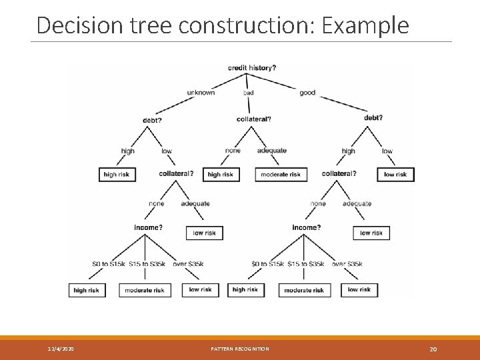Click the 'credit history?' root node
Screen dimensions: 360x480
tap(252, 67)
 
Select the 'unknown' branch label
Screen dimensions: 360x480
tap(201, 93)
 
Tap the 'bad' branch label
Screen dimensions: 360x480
tap(248, 93)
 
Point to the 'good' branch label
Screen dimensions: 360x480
tap(307, 93)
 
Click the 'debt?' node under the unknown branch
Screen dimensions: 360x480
tap(152, 120)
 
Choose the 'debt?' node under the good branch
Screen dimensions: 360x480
tap(373, 118)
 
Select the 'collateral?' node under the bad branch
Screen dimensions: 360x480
tap(254, 119)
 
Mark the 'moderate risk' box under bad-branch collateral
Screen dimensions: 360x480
tap(281, 175)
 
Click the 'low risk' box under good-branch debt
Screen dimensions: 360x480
tap(395, 175)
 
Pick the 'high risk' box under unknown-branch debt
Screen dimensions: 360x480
tap(117, 175)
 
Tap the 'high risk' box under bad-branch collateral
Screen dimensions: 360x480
tap(220, 175)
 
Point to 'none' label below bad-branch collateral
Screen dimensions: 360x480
tap(233, 151)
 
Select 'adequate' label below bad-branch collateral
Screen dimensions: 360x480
tap(271, 151)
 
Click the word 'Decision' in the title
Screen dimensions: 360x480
tap(71, 25)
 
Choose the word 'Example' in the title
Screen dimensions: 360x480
tap(365, 25)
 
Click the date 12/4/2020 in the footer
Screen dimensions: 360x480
tap(61, 349)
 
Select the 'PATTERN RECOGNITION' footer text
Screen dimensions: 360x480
tap(240, 349)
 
